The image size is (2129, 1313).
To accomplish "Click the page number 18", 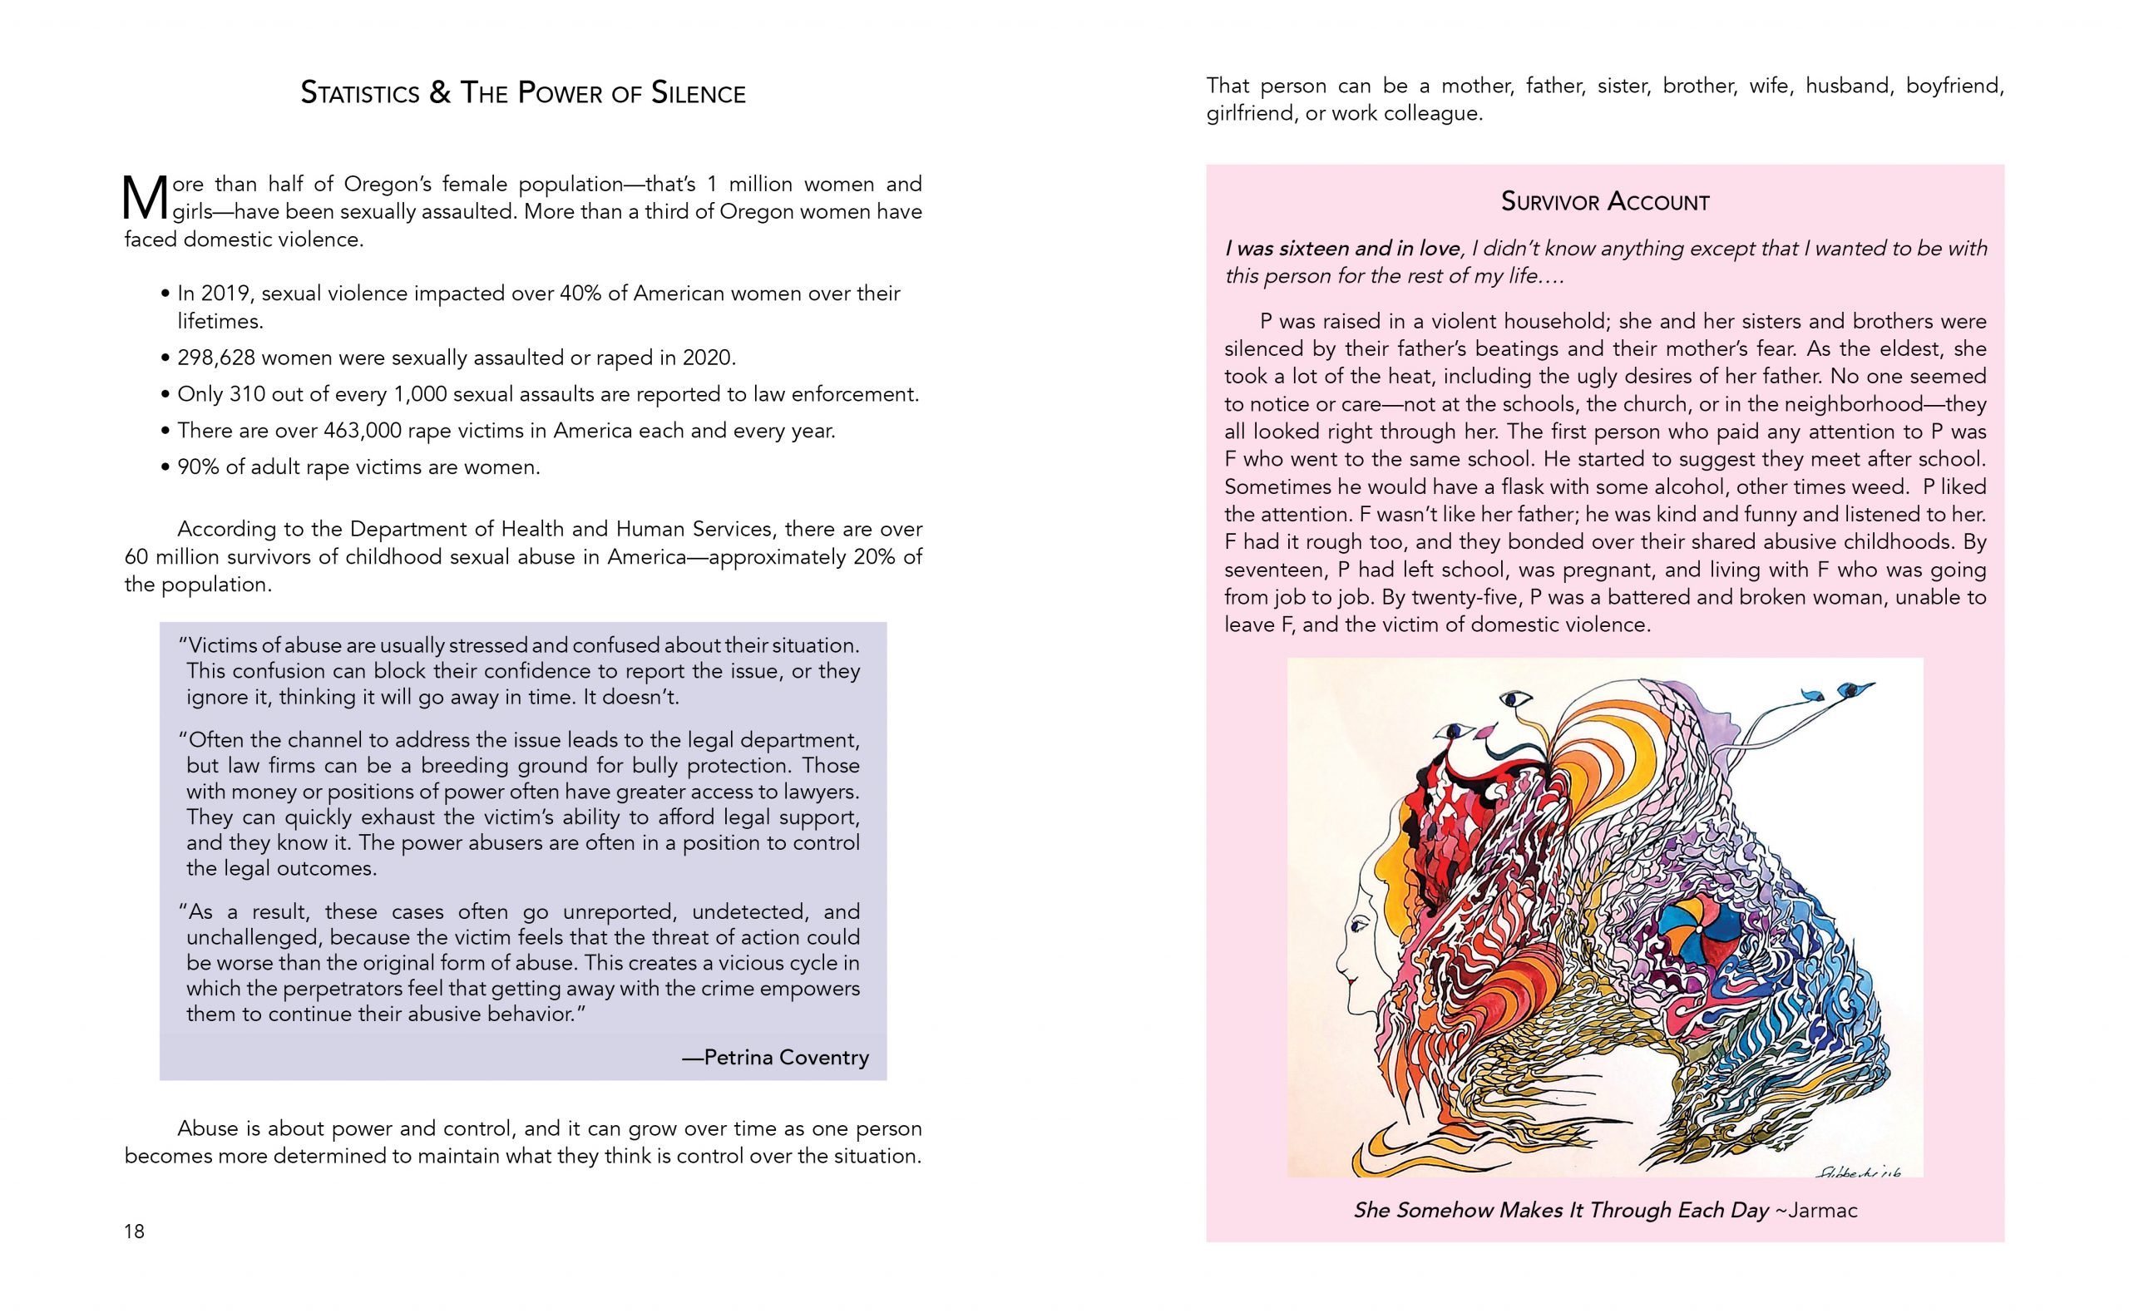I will [x=135, y=1231].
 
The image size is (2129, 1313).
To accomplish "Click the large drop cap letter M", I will [x=145, y=199].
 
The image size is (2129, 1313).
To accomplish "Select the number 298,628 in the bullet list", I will [x=215, y=358].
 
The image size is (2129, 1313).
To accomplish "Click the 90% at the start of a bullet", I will [x=197, y=467].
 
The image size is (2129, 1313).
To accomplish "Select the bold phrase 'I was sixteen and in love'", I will [x=1342, y=249].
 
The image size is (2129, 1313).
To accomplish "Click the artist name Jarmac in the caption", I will [x=1821, y=1210].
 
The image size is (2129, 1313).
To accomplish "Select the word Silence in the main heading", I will [x=698, y=93].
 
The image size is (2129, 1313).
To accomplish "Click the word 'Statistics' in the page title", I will [x=358, y=93].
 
